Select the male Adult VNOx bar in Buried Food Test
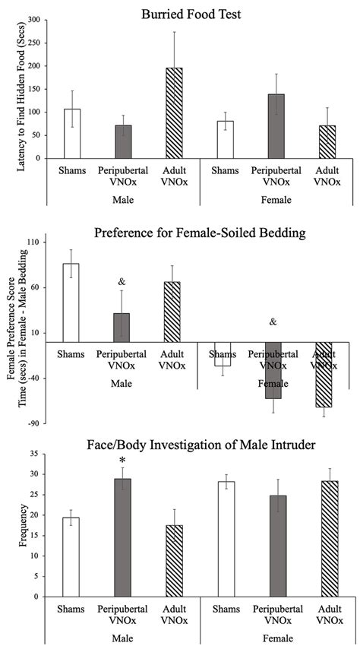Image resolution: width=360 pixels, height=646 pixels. [174, 114]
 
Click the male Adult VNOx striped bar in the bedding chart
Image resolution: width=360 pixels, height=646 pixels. [172, 312]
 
